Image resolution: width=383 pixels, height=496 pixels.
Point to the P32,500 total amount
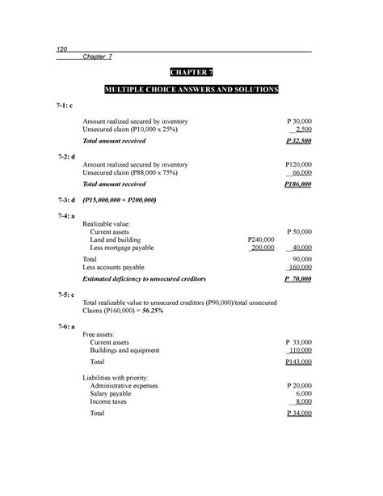tap(299, 141)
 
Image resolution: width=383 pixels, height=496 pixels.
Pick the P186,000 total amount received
tap(298, 184)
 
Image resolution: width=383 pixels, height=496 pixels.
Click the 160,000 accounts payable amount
tap(300, 266)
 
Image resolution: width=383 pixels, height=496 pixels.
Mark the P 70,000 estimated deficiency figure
tap(299, 278)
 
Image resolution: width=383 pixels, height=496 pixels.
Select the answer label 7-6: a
tap(67, 325)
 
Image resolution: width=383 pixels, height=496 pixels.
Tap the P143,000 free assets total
tap(298, 363)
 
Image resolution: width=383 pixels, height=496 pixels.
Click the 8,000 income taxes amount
tap(303, 401)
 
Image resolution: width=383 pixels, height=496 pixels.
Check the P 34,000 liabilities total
tap(299, 413)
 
